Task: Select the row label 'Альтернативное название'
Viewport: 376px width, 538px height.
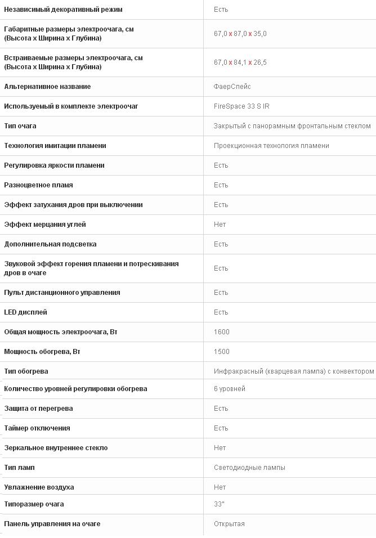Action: (47, 87)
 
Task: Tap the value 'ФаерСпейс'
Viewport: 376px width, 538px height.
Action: (232, 87)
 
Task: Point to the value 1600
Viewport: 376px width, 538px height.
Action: (222, 332)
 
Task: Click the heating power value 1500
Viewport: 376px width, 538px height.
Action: (222, 352)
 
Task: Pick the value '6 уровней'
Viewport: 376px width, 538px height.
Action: (230, 389)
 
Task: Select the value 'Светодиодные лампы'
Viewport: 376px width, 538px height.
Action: (249, 468)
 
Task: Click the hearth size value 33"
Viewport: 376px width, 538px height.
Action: (219, 504)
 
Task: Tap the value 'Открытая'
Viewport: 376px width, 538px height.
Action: (229, 524)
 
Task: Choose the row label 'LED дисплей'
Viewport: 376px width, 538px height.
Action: (25, 312)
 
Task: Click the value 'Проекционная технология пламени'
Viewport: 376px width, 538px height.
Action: (271, 146)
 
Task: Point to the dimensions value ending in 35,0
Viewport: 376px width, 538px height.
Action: (240, 34)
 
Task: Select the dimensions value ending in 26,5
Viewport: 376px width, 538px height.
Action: (240, 62)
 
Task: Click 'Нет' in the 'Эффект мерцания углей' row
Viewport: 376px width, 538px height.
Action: (220, 225)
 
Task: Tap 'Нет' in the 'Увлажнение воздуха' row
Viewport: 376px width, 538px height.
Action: (220, 487)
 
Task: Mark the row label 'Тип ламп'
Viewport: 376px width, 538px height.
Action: (19, 468)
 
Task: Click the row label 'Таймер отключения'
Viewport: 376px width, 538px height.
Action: (37, 428)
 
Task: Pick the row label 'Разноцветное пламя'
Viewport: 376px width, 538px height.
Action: (38, 185)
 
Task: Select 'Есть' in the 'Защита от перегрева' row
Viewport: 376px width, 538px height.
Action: (221, 409)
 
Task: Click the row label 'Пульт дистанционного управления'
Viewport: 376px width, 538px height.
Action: (62, 293)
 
